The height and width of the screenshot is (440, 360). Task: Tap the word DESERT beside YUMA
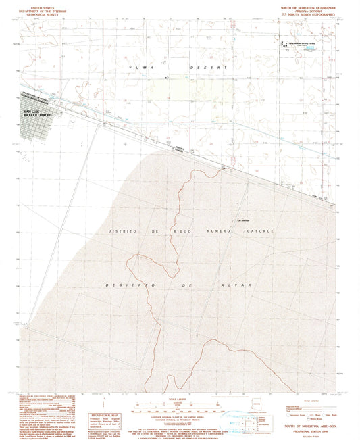[179, 68]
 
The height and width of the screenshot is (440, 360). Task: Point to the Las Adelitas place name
[242, 220]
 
